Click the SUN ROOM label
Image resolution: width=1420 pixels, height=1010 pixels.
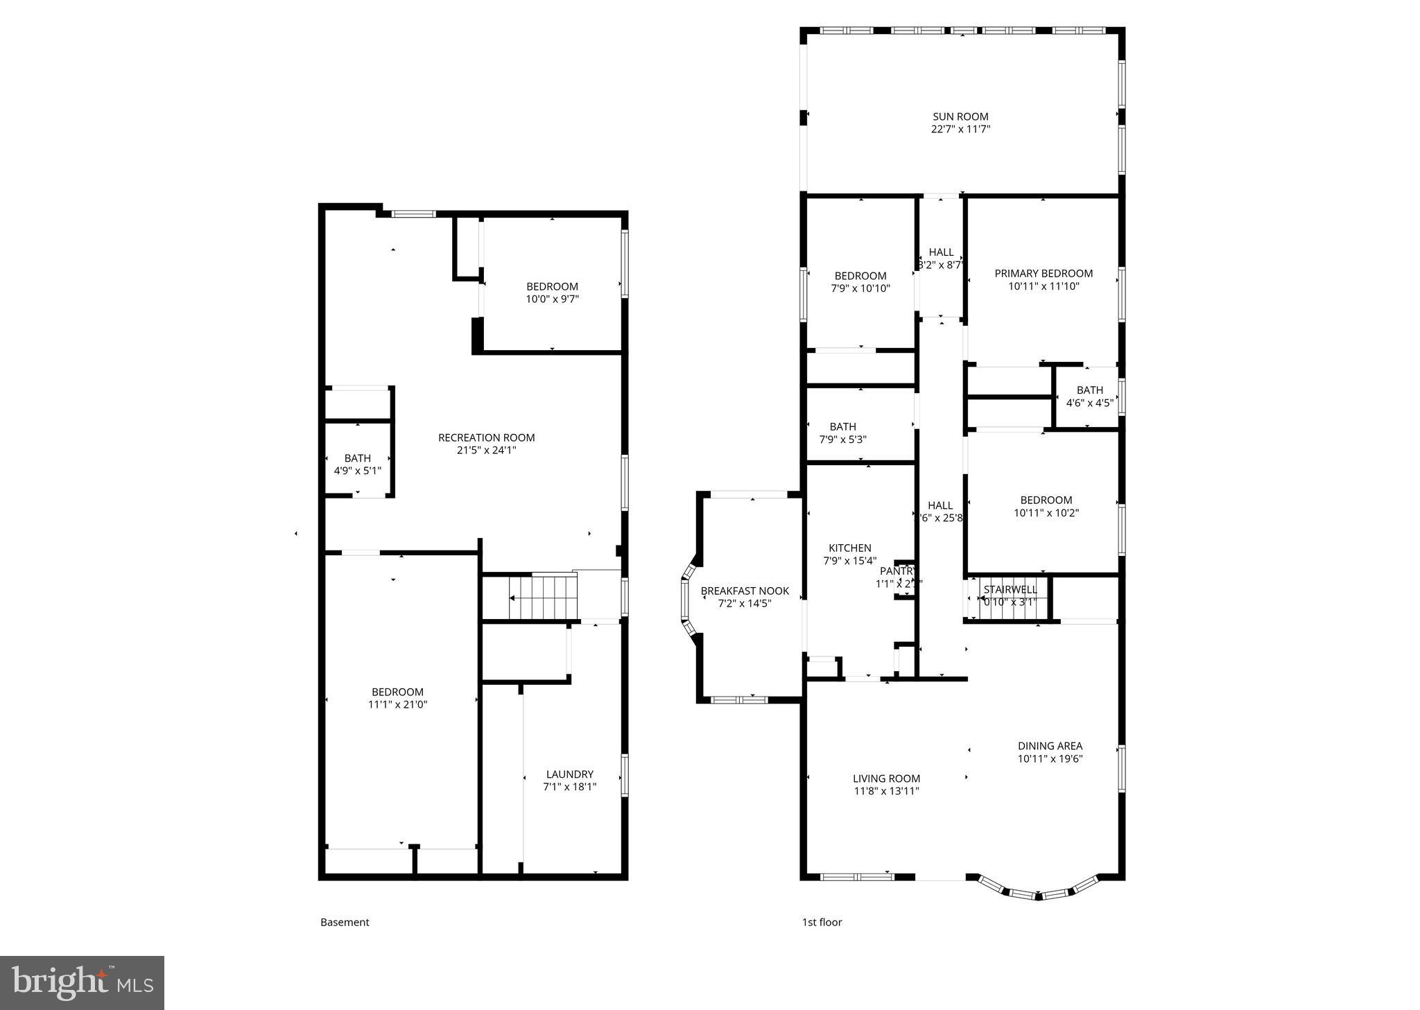pyautogui.click(x=960, y=116)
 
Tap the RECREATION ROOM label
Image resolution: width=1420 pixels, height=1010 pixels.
pyautogui.click(x=486, y=437)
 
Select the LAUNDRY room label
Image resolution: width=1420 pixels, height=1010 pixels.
pyautogui.click(x=569, y=774)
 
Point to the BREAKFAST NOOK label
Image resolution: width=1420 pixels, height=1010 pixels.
pyautogui.click(x=745, y=591)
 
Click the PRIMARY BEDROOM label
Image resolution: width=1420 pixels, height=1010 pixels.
pyautogui.click(x=1043, y=274)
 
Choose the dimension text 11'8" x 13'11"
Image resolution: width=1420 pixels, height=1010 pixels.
pyautogui.click(x=886, y=791)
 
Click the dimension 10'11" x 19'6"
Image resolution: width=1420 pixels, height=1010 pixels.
pyautogui.click(x=1050, y=758)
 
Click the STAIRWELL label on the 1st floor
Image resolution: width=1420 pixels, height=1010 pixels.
pyautogui.click(x=1010, y=589)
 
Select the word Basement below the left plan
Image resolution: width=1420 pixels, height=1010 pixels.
pyautogui.click(x=345, y=922)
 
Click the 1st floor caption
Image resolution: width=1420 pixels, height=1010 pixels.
pyautogui.click(x=822, y=922)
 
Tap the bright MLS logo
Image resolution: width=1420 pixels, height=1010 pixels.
pyautogui.click(x=82, y=982)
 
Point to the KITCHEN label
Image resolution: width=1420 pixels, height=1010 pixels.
pyautogui.click(x=849, y=548)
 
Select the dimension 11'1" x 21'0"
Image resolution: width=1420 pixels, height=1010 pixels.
pyautogui.click(x=397, y=704)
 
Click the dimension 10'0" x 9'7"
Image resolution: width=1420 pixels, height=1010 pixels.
pyautogui.click(x=552, y=299)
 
